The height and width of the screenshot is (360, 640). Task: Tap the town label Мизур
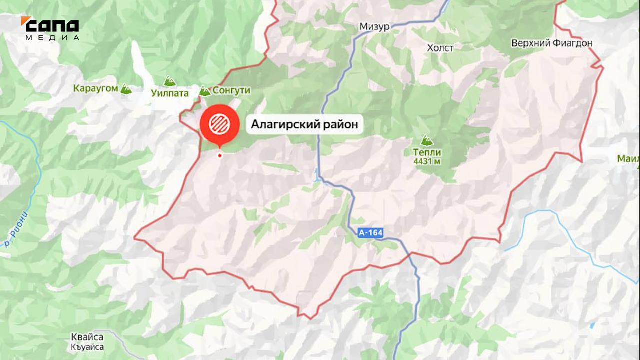tap(374, 27)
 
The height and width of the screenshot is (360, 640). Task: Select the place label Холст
tap(440, 48)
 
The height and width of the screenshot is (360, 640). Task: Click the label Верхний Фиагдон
tap(552, 43)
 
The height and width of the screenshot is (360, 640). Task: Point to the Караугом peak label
tap(96, 89)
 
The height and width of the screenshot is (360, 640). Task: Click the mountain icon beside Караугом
tap(126, 89)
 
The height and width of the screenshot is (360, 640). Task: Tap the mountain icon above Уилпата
tap(170, 81)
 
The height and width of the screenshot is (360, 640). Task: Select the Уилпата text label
tap(170, 93)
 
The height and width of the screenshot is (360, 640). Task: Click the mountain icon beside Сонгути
tap(205, 91)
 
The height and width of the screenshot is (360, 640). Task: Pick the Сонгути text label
tap(231, 91)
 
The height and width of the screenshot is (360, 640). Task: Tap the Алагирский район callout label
tap(304, 124)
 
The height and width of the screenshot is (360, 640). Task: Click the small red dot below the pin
tap(219, 155)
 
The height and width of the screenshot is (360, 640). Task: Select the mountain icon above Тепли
tap(426, 141)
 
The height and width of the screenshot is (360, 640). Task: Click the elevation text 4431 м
tap(427, 161)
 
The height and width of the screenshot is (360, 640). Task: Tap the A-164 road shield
tap(370, 232)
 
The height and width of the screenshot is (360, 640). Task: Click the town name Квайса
tap(87, 337)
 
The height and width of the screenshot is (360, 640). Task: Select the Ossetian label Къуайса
tap(87, 347)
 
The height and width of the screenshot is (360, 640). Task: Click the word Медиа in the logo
tap(52, 37)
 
